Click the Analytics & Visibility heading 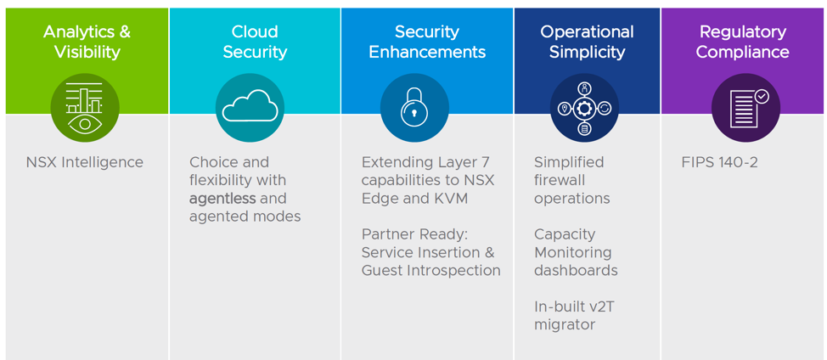click(x=87, y=42)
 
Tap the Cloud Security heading click(x=255, y=42)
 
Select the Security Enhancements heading click(x=427, y=42)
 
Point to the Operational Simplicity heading click(x=587, y=42)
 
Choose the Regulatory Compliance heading click(x=743, y=42)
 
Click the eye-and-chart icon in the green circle click(x=85, y=108)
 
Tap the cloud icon click(x=250, y=108)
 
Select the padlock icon click(x=414, y=108)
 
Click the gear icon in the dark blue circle click(x=584, y=108)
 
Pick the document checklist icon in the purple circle click(x=745, y=108)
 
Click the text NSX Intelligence click(x=85, y=162)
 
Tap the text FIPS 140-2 click(x=720, y=162)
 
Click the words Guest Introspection click(x=431, y=271)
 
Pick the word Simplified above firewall click(x=569, y=162)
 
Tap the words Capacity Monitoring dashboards click(x=575, y=252)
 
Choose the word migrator click(x=565, y=324)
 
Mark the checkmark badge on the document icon click(x=762, y=97)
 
